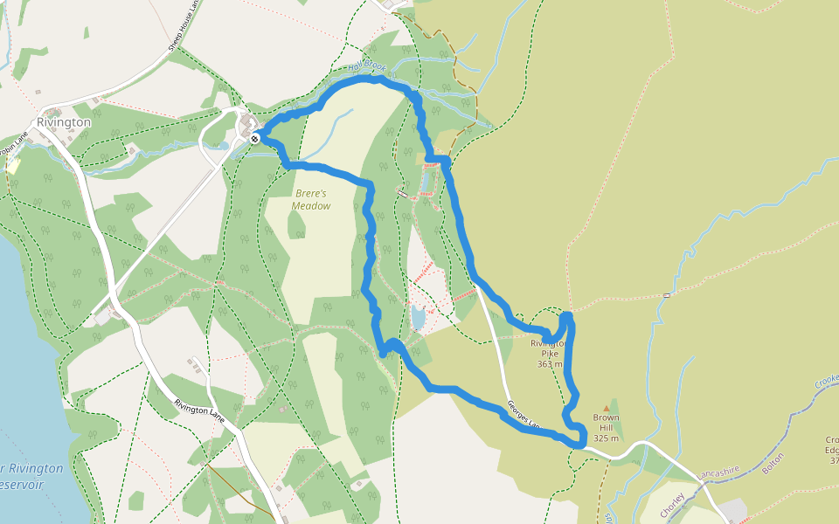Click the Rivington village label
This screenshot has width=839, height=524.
(x=64, y=123)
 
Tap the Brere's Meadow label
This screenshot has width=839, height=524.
(x=312, y=200)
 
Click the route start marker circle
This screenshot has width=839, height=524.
(x=254, y=138)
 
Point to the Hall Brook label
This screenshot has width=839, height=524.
(x=366, y=67)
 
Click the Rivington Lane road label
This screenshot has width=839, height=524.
(x=200, y=412)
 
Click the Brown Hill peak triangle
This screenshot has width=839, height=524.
(x=607, y=408)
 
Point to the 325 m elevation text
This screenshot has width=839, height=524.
(x=606, y=438)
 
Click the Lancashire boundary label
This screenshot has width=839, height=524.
(x=719, y=472)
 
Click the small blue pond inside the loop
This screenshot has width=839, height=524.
(x=418, y=318)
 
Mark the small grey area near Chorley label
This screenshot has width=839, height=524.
(x=732, y=510)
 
